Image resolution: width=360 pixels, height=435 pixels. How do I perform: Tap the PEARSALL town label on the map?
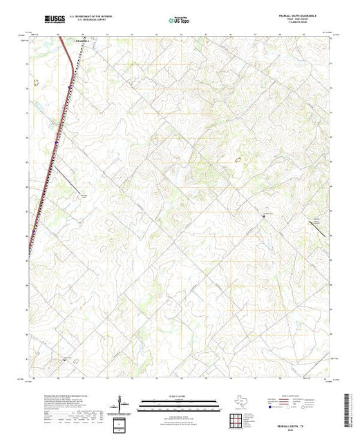click(x=82, y=40)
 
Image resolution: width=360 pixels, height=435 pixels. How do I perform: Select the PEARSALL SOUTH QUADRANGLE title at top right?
click(x=304, y=15)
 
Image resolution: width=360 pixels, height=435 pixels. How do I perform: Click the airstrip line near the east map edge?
click(x=321, y=230)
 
